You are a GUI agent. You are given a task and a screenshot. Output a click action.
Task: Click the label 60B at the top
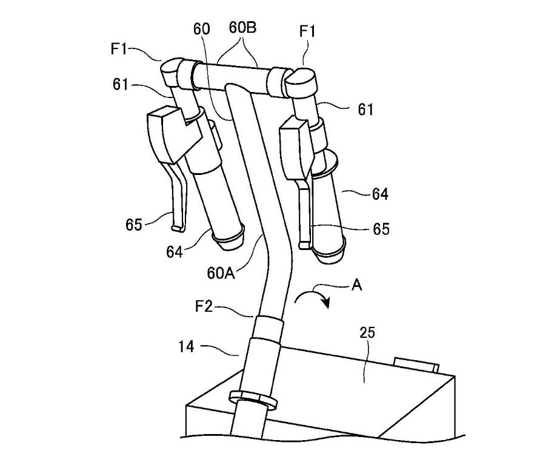pos(242,27)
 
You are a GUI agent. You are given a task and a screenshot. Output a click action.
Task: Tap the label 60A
pos(221,273)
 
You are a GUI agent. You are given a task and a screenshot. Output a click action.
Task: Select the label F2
pos(204,306)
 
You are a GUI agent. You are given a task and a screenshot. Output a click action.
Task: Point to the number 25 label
pos(367,332)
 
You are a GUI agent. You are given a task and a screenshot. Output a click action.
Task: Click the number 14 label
pos(187,347)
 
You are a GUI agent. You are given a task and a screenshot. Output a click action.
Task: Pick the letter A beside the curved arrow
pos(357,285)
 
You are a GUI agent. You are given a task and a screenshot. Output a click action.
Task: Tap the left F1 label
pos(119,49)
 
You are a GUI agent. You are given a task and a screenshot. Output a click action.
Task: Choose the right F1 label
pos(307,31)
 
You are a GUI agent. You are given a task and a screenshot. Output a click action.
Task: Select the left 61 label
pos(121,84)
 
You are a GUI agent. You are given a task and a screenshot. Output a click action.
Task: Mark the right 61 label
pos(365,110)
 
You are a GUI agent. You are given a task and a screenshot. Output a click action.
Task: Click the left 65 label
pos(133,225)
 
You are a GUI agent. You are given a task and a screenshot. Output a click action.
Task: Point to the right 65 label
pos(381,229)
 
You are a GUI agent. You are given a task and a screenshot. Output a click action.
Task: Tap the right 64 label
pos(380,194)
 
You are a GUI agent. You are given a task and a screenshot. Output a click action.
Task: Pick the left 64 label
pos(175,252)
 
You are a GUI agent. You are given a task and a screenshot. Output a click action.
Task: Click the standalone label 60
pos(201,29)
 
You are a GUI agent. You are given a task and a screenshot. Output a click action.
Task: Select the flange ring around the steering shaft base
pos(253,400)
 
